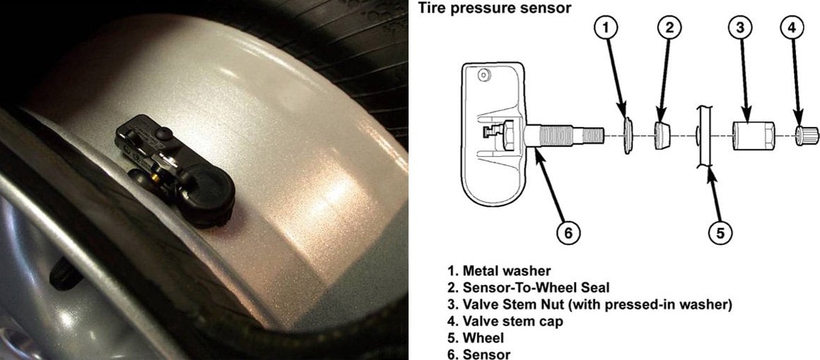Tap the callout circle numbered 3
tap(739, 29)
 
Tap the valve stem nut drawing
tap(749, 133)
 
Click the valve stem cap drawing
tap(804, 133)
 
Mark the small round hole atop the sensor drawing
tap(483, 74)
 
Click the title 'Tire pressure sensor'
tap(494, 8)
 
